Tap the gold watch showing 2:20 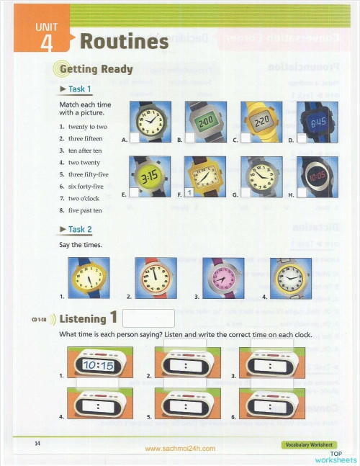(x=261, y=122)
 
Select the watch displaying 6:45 (x=318, y=122)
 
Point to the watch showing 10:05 (x=318, y=176)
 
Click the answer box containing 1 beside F (x=188, y=192)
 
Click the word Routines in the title (x=124, y=41)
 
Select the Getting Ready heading (x=96, y=69)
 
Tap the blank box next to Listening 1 (x=149, y=318)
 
